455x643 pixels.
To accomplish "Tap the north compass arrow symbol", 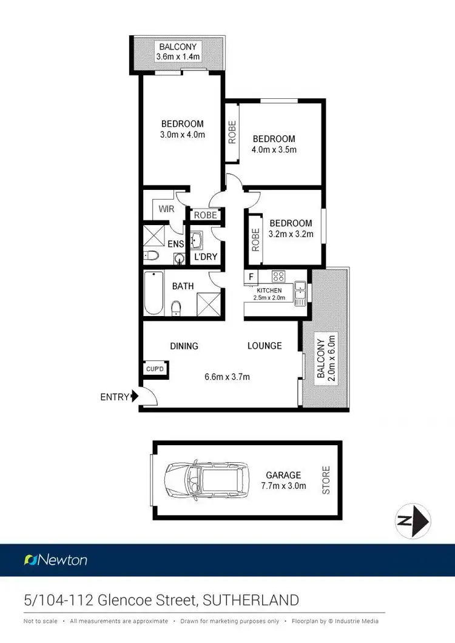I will pyautogui.click(x=413, y=521).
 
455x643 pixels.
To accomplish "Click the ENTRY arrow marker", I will pyautogui.click(x=133, y=397).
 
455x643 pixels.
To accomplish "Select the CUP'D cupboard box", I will pyautogui.click(x=154, y=368).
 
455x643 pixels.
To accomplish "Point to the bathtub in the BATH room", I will pyautogui.click(x=153, y=293).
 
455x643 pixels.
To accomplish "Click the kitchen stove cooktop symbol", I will pyautogui.click(x=278, y=277).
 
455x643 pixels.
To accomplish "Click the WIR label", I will pyautogui.click(x=167, y=209).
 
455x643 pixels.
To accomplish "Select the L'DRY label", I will pyautogui.click(x=205, y=257).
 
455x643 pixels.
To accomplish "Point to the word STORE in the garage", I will pyautogui.click(x=326, y=479).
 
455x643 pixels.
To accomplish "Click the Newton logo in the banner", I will pyautogui.click(x=56, y=560).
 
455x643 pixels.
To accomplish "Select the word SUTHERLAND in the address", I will pyautogui.click(x=251, y=601).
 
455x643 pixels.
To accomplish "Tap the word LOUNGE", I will pyautogui.click(x=265, y=346).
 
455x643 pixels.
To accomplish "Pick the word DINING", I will pyautogui.click(x=184, y=346).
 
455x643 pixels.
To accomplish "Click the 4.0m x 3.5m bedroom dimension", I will pyautogui.click(x=274, y=150).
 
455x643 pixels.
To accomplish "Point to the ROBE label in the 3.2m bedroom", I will pyautogui.click(x=255, y=240).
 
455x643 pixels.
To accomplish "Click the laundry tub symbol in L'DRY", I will pyautogui.click(x=197, y=241).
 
